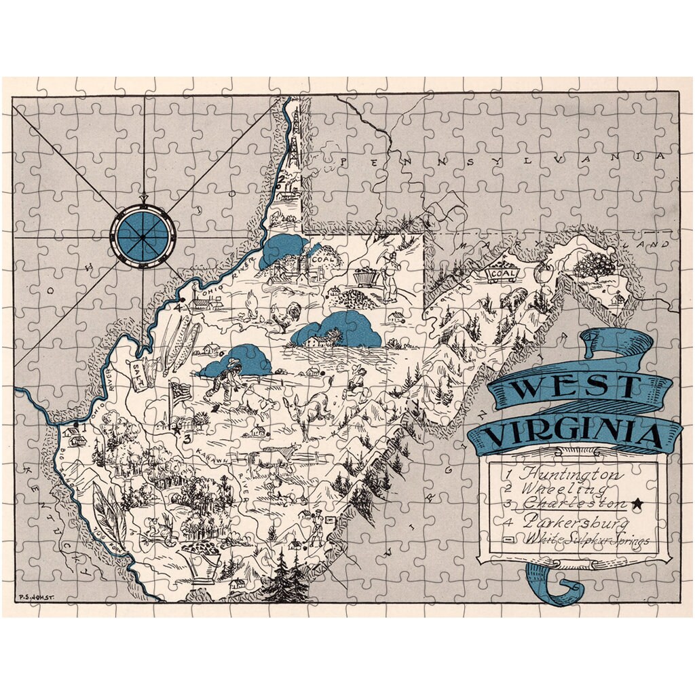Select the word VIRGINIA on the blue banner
coord(574,433)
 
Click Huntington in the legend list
coord(564,473)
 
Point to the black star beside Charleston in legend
coord(637,504)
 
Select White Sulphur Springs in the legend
coord(584,540)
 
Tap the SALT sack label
coord(141,367)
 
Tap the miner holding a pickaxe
coord(389,271)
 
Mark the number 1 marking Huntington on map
coord(84,428)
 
